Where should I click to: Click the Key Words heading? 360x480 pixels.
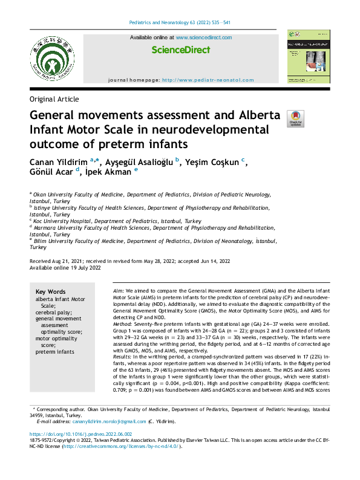tap(51, 291)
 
